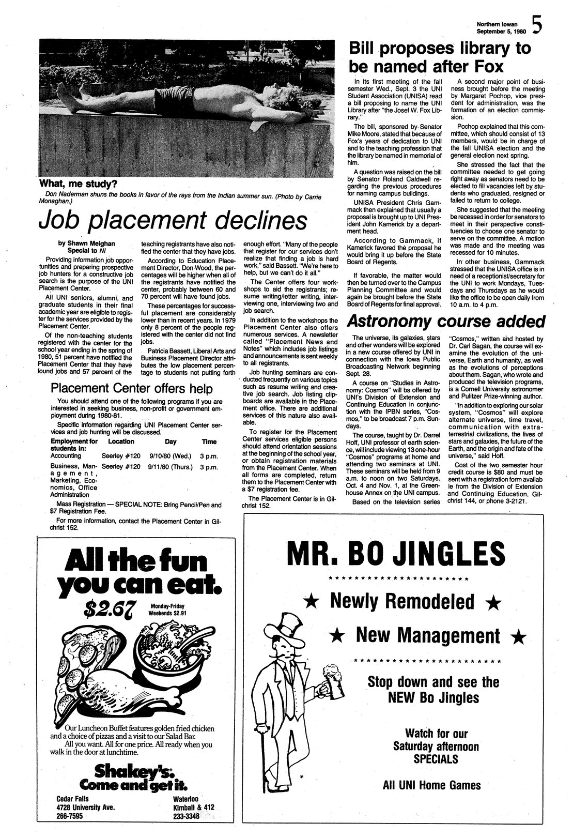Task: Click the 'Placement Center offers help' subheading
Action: tap(131, 388)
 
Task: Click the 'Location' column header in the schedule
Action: tap(121, 441)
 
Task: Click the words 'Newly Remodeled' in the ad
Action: tap(402, 601)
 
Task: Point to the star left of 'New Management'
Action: tap(337, 635)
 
